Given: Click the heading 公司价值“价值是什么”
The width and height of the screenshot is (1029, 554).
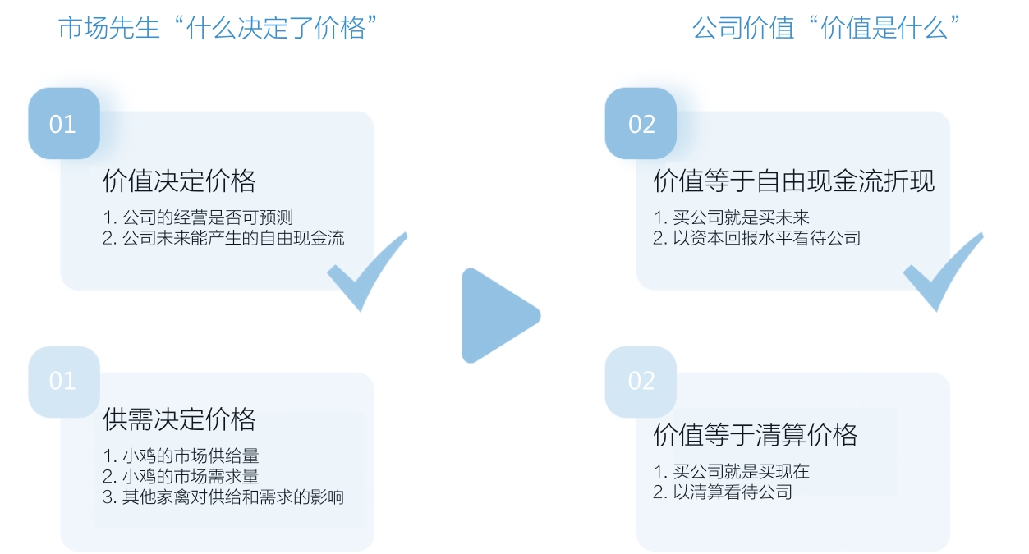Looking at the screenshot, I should [x=827, y=28].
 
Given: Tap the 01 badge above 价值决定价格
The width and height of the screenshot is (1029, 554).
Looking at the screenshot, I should [x=63, y=124].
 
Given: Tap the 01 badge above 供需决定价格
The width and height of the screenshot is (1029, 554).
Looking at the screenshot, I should [x=63, y=382].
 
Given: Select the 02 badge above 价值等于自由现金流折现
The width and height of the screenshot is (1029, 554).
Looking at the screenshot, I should [x=641, y=124].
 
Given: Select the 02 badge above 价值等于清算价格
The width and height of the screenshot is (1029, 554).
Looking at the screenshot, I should [x=641, y=382].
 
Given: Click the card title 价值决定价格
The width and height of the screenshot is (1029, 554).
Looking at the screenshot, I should [x=179, y=181].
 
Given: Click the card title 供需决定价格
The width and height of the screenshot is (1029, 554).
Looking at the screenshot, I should [x=179, y=419].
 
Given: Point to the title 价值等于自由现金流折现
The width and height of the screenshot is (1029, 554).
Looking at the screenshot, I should [x=793, y=181].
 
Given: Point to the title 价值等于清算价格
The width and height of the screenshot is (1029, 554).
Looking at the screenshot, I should [x=755, y=434].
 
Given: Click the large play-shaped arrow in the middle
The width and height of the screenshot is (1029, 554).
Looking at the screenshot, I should [x=498, y=315].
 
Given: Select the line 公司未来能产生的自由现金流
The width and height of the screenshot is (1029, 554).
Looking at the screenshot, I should [x=223, y=238].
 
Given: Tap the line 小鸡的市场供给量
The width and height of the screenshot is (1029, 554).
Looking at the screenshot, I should [x=181, y=456].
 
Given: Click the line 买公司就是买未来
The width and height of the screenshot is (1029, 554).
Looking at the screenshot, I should [x=731, y=217].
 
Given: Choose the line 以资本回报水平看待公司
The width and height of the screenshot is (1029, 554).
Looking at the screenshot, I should [x=756, y=238].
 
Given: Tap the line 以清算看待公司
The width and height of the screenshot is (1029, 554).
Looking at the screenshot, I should [x=723, y=492].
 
